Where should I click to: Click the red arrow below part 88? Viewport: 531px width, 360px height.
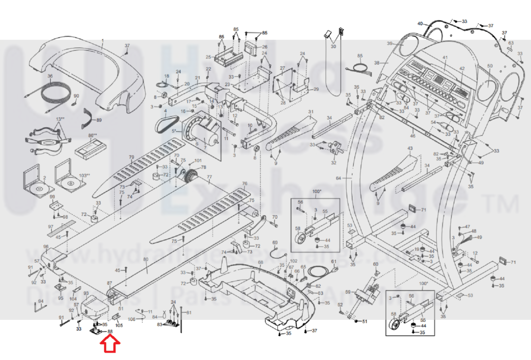pyautogui.click(x=110, y=344)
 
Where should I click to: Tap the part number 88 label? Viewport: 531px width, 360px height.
pyautogui.click(x=110, y=331)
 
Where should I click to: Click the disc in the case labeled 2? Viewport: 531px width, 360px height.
pyautogui.click(x=39, y=189)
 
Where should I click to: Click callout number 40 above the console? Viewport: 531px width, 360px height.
pyautogui.click(x=420, y=24)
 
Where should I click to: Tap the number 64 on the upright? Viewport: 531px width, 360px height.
pyautogui.click(x=338, y=178)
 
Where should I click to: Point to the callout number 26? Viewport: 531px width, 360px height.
pyautogui.click(x=265, y=47)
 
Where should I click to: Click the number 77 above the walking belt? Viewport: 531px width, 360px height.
pyautogui.click(x=209, y=177)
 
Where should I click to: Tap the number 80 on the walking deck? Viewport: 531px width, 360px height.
pyautogui.click(x=146, y=259)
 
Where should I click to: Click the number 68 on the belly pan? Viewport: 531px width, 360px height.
pyautogui.click(x=260, y=262)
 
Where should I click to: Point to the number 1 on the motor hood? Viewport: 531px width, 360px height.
pyautogui.click(x=103, y=41)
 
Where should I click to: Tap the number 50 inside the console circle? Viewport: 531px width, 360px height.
pyautogui.click(x=490, y=66)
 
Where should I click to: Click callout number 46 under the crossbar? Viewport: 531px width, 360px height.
pyautogui.click(x=412, y=136)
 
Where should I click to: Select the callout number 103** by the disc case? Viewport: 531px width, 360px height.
pyautogui.click(x=83, y=176)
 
